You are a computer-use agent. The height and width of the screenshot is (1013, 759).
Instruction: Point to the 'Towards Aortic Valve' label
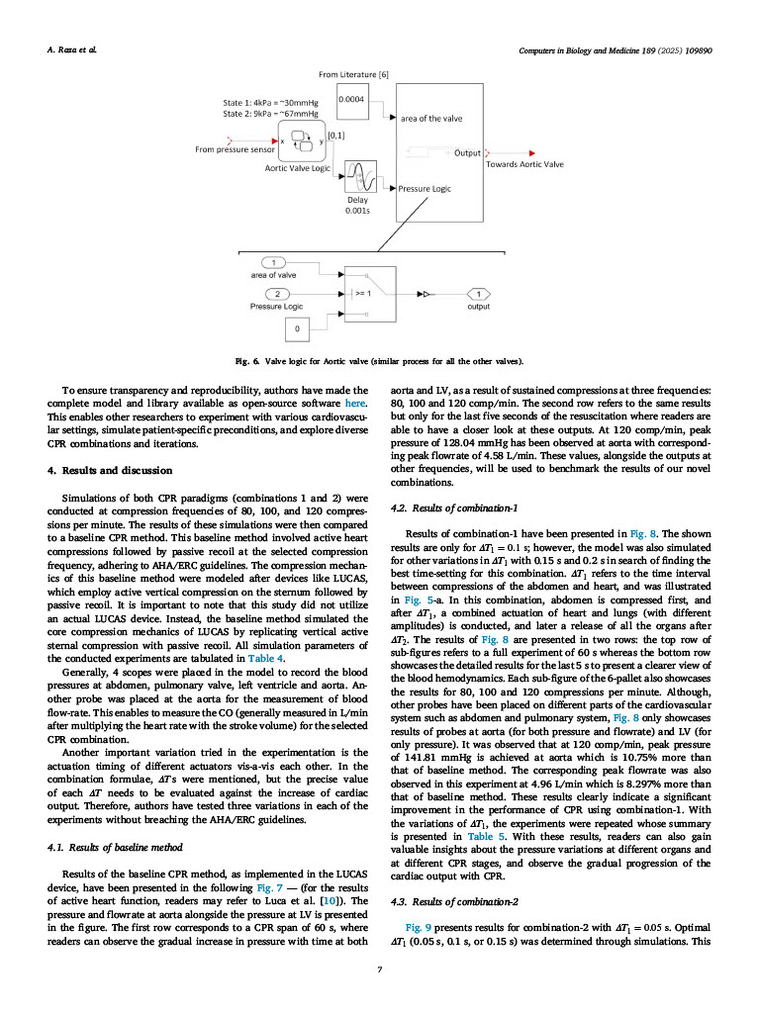coord(524,164)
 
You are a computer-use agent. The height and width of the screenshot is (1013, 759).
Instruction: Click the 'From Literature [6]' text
coord(353,74)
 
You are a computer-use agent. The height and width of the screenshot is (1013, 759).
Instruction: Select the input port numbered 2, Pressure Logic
coord(280,294)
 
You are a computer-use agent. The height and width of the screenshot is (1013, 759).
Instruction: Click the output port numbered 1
coord(479,294)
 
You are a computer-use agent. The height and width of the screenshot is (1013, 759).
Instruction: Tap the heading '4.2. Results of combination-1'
coord(454,507)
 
